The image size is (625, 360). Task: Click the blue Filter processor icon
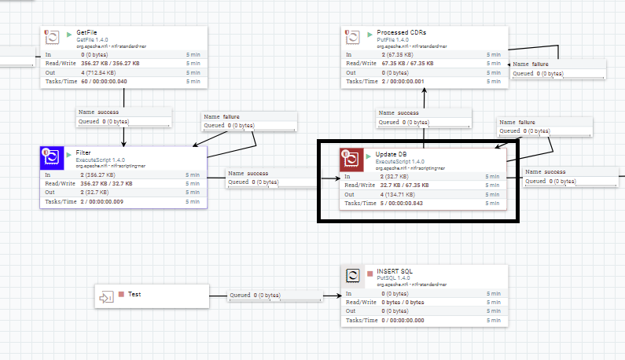53,157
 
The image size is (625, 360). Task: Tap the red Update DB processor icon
351,159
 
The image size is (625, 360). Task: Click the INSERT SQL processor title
395,272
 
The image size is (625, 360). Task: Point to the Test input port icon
105,296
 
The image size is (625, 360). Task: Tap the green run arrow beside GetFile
69,34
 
